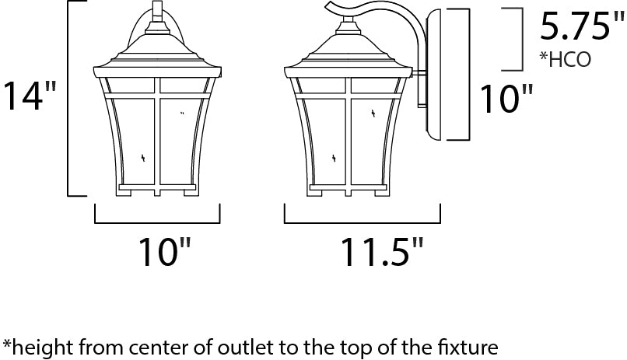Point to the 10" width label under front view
164,251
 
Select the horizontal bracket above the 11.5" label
363,221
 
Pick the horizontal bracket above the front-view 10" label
157,221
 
